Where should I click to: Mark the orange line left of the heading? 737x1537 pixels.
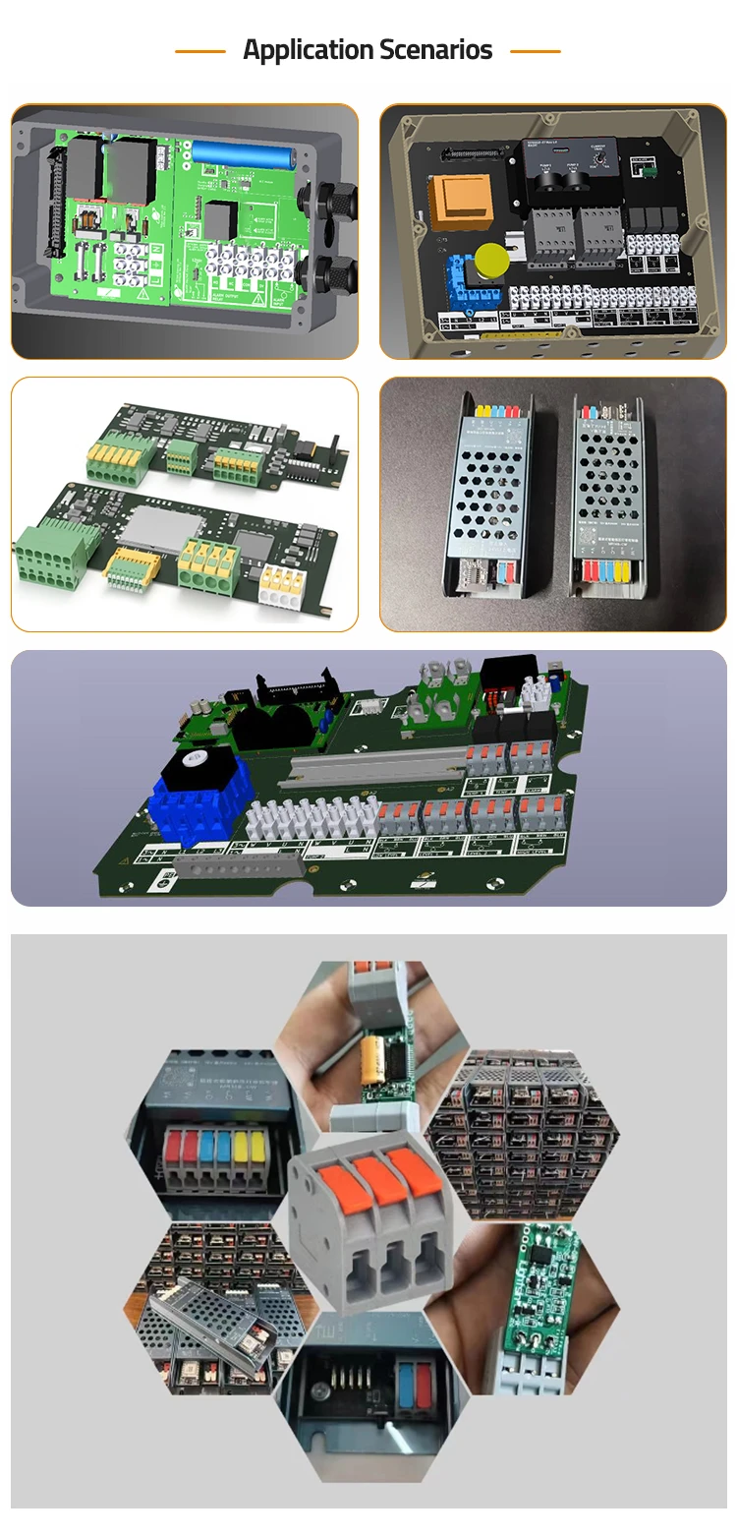point(199,51)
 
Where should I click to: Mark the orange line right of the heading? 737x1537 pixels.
point(536,51)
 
